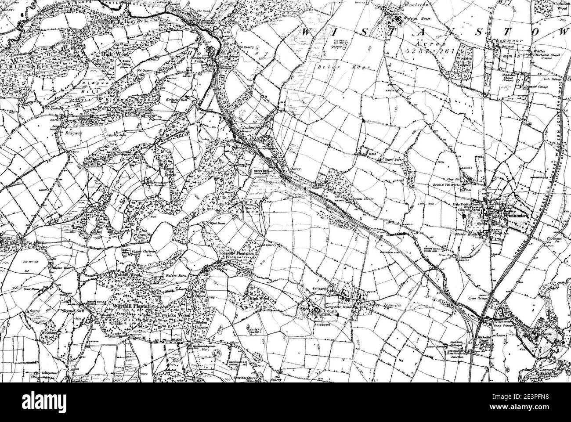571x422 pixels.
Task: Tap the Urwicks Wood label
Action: [172, 315]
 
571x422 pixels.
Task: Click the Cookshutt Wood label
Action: [563, 5]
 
